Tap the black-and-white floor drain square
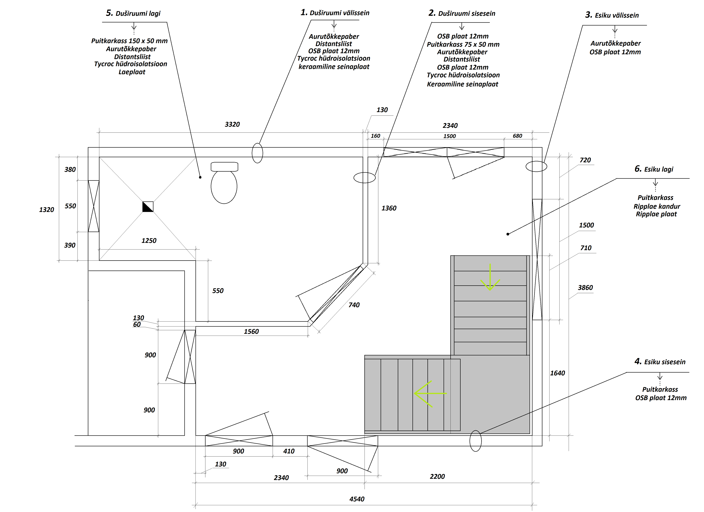point(148,207)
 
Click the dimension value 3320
point(232,124)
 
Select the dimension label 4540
point(357,499)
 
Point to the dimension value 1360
point(389,208)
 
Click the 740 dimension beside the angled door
point(354,305)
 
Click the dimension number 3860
point(585,288)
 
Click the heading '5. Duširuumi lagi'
point(133,13)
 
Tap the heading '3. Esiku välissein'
point(612,15)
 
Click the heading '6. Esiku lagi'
point(654,169)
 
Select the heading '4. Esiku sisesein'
point(660,361)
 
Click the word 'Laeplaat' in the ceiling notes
point(132,72)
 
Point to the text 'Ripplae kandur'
point(657,206)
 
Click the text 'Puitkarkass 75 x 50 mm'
point(463,44)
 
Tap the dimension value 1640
point(558,373)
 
